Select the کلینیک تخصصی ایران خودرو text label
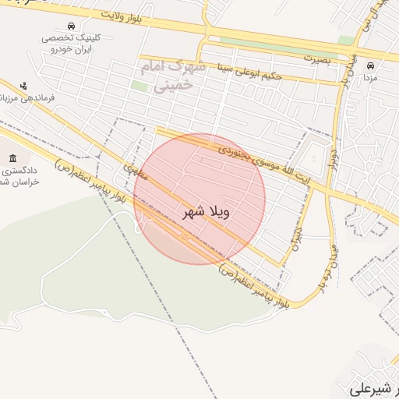pos(71,43)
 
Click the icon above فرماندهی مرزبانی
pos(24,85)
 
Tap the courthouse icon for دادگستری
pos(12,149)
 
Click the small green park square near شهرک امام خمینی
pos(139,85)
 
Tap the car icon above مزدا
pos(370,65)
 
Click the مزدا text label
pos(371,79)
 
